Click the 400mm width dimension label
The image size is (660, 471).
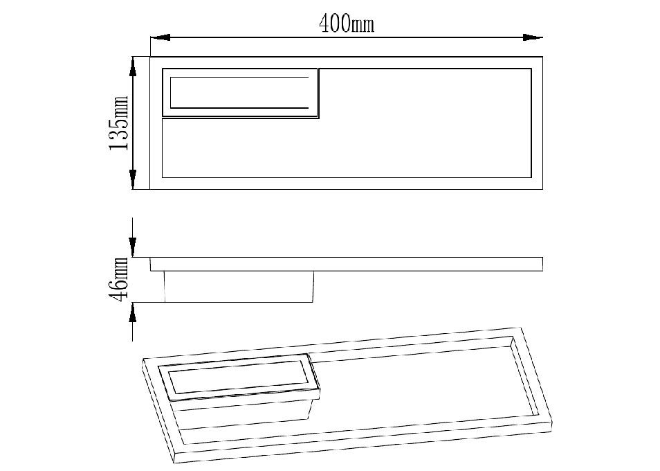[x=347, y=24]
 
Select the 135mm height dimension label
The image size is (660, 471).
[x=119, y=123]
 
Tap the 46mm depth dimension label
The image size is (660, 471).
[x=119, y=279]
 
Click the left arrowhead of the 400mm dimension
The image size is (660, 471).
[x=161, y=37]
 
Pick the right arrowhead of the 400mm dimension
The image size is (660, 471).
[x=533, y=37]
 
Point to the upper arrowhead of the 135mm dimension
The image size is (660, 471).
[x=133, y=66]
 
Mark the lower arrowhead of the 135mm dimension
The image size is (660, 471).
[x=133, y=179]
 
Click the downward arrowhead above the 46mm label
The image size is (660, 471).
[x=133, y=247]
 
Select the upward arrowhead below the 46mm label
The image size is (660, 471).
[x=133, y=312]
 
